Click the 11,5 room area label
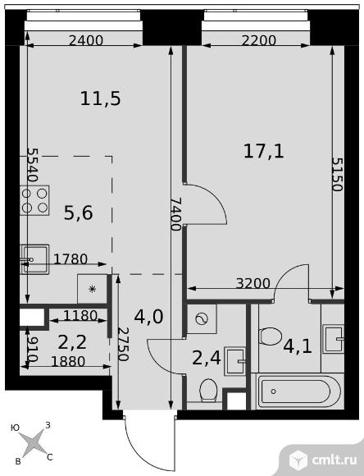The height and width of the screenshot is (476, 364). (101, 99)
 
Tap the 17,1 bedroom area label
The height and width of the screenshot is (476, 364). (263, 150)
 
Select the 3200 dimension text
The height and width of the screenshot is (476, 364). (253, 285)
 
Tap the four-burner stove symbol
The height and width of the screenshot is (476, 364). (34, 200)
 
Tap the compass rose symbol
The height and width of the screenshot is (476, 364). (34, 442)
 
